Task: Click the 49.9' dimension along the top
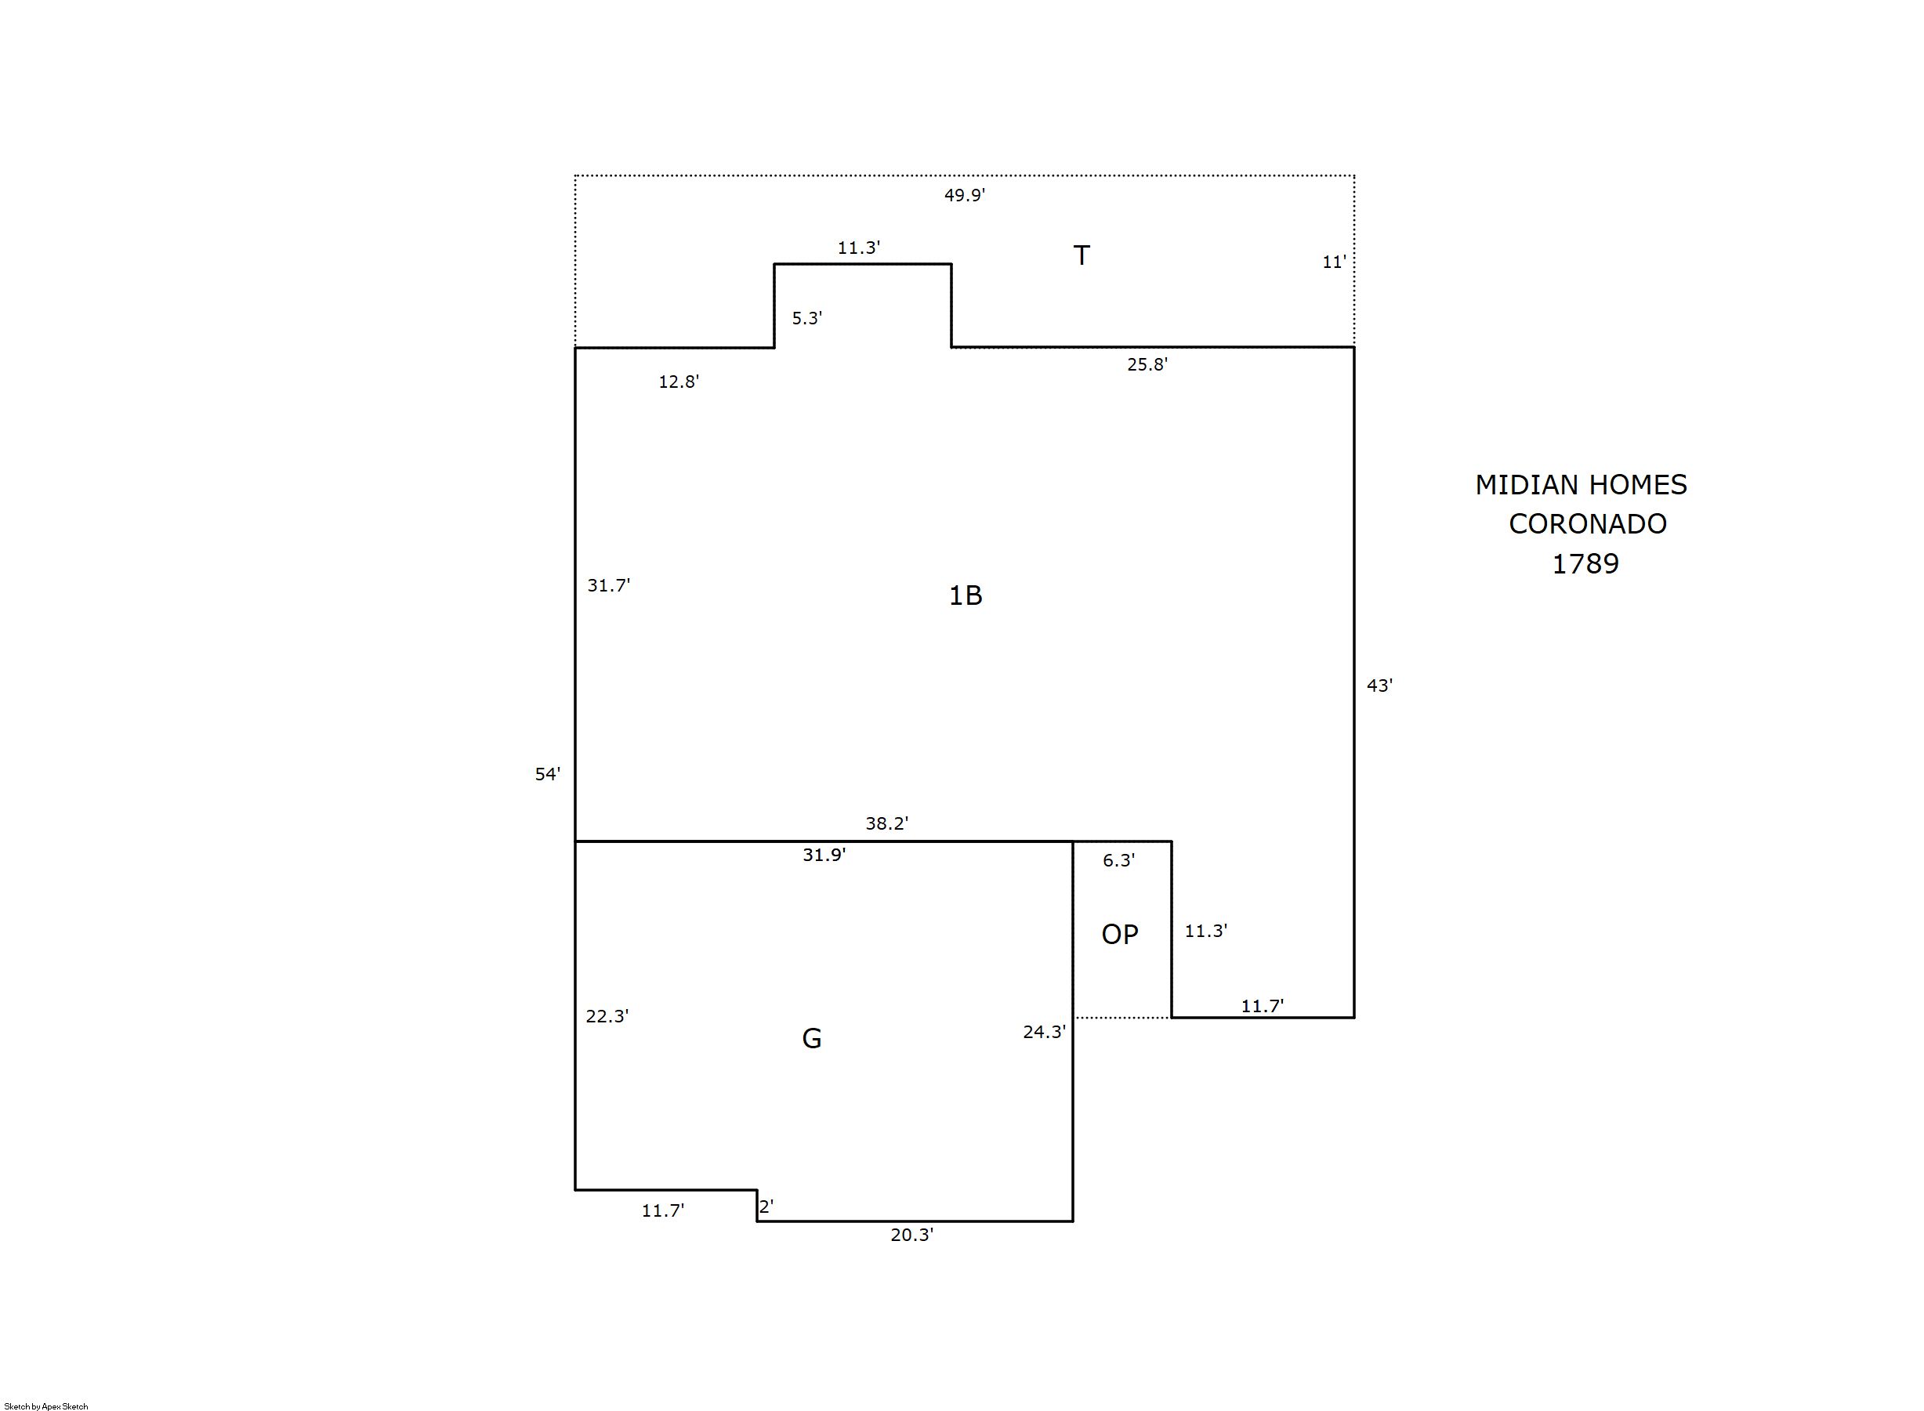pos(965,195)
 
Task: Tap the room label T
pos(1082,255)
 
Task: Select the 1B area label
pos(966,595)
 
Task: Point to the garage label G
pos(812,1039)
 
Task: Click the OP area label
pos(1120,935)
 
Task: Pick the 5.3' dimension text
pos(806,318)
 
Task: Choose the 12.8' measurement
pos(679,382)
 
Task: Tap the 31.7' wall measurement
pos(608,585)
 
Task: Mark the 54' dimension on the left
pos(548,774)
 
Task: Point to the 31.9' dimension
pos(824,854)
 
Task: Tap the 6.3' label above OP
pos(1118,860)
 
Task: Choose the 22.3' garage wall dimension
pos(607,1015)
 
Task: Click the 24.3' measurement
pos(1045,1032)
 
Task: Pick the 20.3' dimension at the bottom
pos(912,1234)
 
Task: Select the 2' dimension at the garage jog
pos(766,1207)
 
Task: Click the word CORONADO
pos(1587,523)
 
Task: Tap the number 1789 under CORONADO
pos(1585,564)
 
